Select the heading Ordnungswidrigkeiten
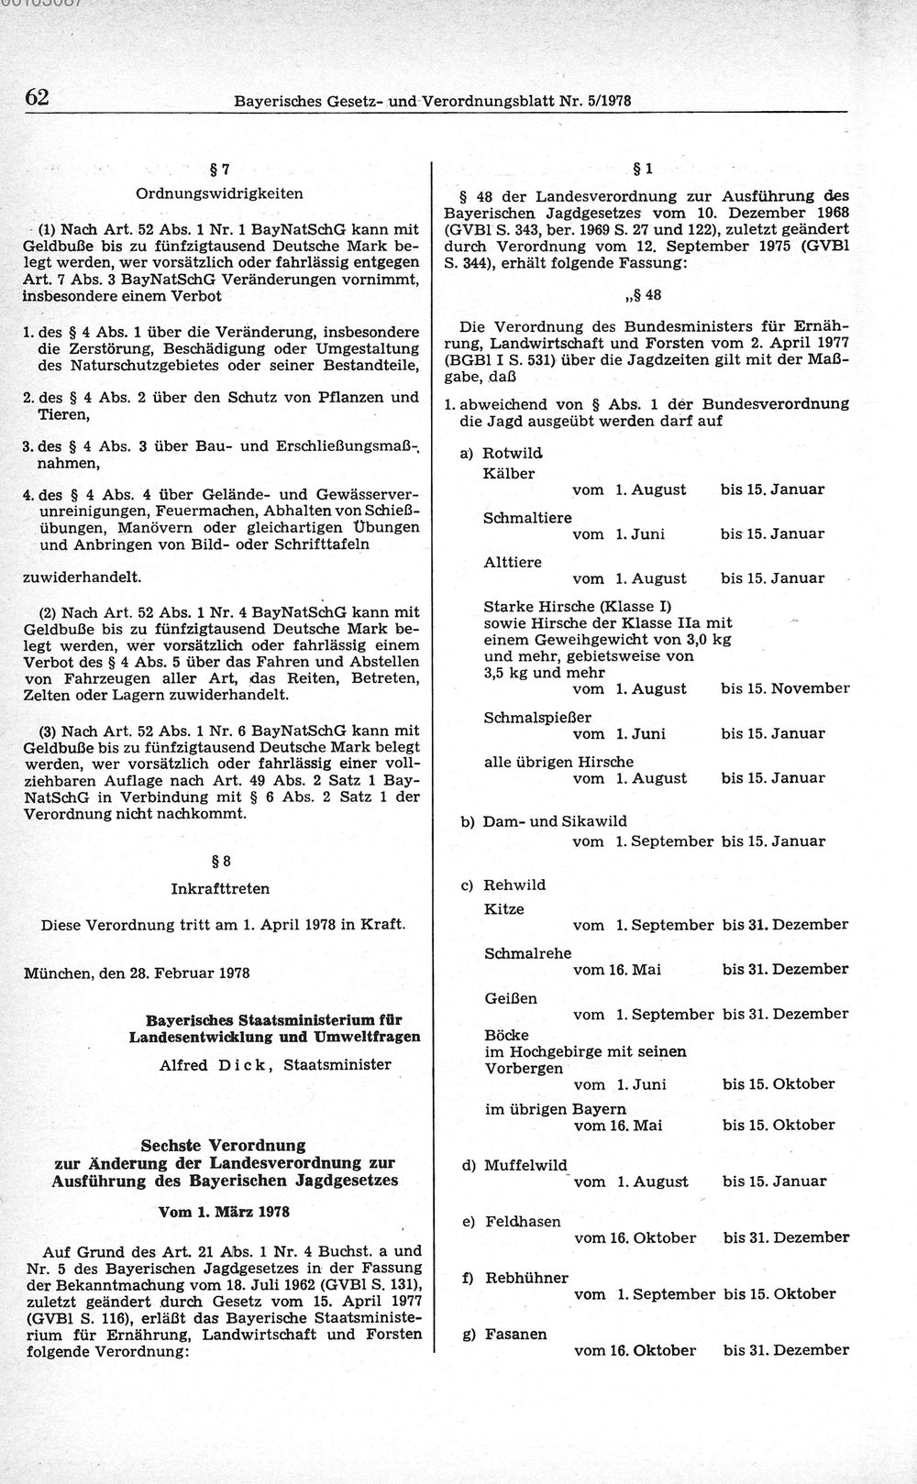219,193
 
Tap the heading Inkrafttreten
220,888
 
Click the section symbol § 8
220,861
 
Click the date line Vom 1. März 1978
224,1211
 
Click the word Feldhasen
523,1222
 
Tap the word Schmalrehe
527,953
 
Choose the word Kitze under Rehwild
503,909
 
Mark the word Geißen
511,998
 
